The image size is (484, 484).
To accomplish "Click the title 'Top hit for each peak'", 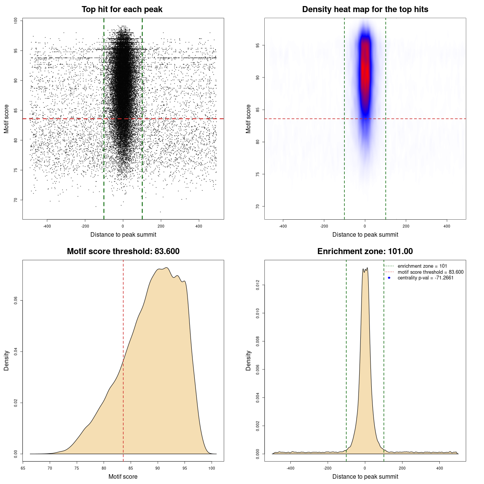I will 122,9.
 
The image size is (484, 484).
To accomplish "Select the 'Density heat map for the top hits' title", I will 365,9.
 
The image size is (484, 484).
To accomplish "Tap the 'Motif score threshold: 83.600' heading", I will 123,251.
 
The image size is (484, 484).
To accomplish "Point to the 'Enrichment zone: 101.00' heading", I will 365,251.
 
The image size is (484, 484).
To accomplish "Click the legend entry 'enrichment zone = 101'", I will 422,266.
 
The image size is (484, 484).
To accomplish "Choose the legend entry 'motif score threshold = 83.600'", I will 430,272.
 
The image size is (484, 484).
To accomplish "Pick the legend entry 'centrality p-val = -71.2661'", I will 425,278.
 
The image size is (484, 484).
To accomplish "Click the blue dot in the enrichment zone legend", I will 389,278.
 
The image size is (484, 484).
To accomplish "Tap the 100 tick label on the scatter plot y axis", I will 16,21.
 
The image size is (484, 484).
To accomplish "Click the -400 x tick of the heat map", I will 283,226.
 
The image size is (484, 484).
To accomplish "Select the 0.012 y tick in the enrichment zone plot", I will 258,285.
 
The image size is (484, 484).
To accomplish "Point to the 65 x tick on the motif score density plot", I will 23,468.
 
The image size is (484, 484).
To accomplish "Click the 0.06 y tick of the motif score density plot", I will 16,301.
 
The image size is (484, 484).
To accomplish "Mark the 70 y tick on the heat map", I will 258,206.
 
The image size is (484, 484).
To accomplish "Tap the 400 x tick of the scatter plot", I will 199,226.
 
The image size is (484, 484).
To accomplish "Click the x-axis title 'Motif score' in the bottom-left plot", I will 123,476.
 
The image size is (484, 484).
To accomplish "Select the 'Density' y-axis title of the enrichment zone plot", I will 248,360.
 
